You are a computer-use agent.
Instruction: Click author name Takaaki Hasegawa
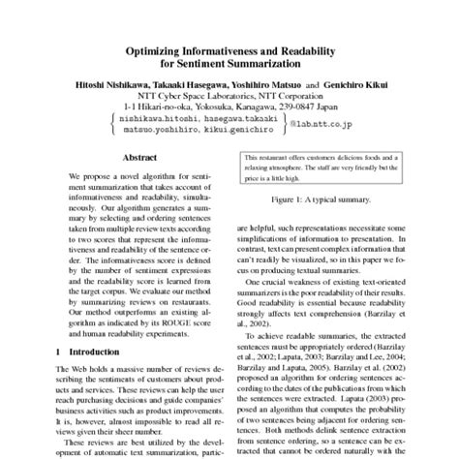click(190, 84)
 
